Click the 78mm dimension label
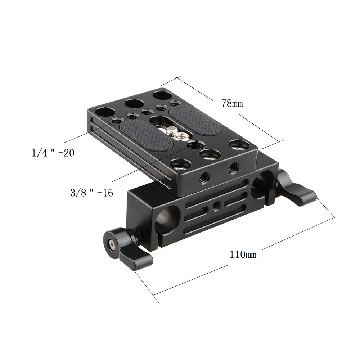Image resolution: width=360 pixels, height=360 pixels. coord(232,103)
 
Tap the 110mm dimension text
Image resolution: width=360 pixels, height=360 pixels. coord(243,255)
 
